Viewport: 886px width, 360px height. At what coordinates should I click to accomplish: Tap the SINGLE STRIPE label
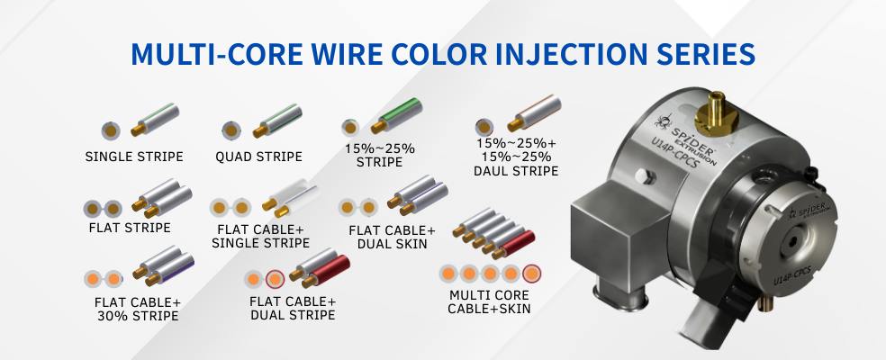(x=134, y=157)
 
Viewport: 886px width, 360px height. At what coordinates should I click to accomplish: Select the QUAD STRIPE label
(x=258, y=157)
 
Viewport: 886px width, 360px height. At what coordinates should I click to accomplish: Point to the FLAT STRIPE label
(x=130, y=228)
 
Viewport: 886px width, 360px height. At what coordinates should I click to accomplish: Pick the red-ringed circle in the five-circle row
(x=531, y=274)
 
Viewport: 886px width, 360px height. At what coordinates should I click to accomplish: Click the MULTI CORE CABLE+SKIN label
(x=489, y=301)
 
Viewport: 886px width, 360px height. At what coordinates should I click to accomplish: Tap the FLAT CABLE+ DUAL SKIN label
(x=393, y=238)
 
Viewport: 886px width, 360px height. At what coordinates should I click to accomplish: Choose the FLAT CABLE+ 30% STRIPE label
(x=138, y=309)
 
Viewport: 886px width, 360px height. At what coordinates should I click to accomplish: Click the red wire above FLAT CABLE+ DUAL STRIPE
(x=326, y=271)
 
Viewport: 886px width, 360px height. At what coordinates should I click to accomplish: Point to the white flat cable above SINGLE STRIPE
(x=291, y=197)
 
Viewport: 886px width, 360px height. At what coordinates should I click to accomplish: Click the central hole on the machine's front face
(x=792, y=242)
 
